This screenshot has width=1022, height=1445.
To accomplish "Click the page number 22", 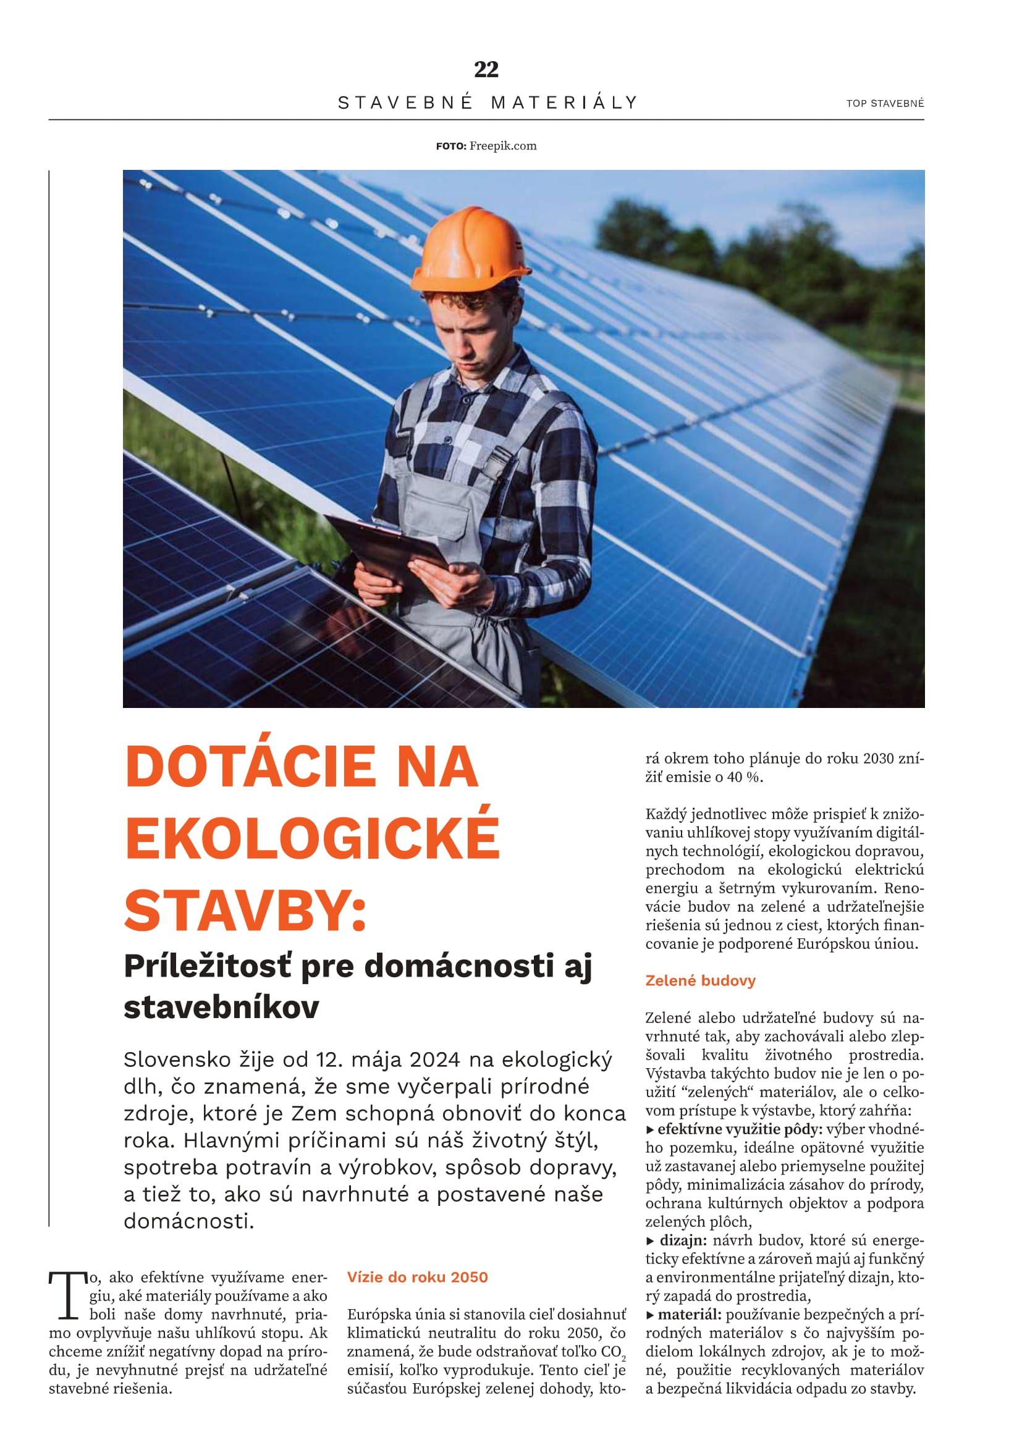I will tap(486, 69).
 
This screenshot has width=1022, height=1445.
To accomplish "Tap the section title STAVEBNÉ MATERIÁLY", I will tap(488, 103).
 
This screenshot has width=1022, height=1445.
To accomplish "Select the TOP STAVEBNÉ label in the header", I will tap(885, 104).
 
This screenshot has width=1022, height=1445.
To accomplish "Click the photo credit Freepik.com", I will tap(502, 146).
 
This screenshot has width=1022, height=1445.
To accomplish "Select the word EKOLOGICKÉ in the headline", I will tap(312, 838).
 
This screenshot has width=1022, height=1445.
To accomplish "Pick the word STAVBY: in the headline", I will tap(245, 911).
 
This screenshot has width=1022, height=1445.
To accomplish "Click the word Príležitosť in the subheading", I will tap(208, 967).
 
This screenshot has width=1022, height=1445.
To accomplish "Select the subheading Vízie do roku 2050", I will tap(417, 1277).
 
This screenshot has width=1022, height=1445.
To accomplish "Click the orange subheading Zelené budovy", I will tap(700, 980).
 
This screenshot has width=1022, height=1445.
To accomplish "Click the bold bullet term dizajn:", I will tap(683, 1241).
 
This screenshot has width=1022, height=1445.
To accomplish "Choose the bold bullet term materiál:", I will tap(689, 1315).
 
